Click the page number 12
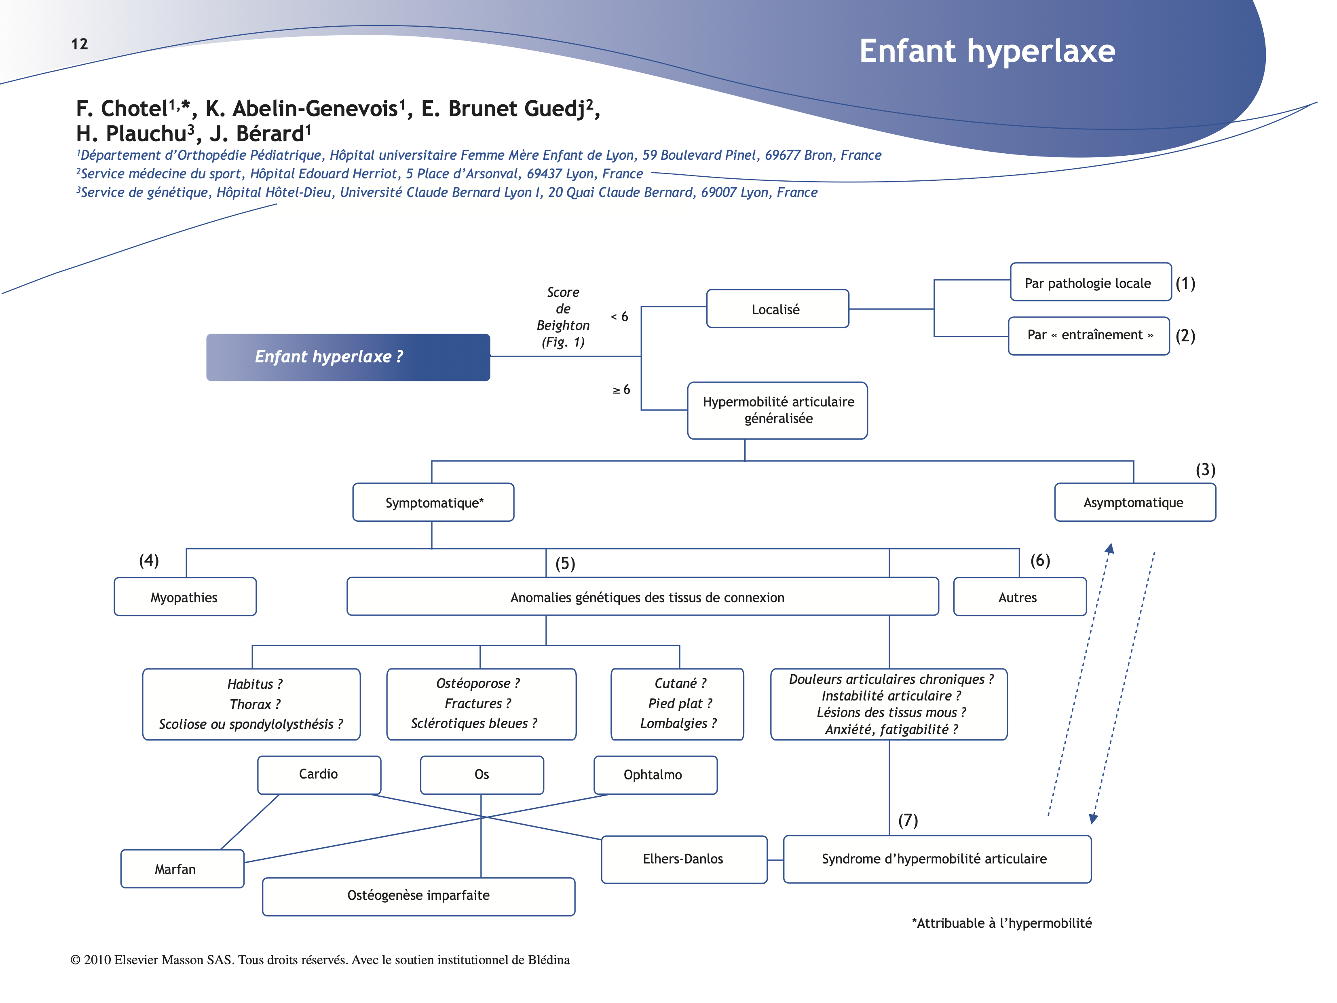(79, 44)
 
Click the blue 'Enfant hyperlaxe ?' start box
(348, 357)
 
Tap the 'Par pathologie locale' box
(1090, 282)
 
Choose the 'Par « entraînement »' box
(1089, 336)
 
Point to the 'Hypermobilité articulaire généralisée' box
(777, 410)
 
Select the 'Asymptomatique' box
(1134, 502)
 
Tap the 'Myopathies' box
(184, 597)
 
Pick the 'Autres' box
(1019, 597)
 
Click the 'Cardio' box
(319, 774)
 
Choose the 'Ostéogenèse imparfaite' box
(418, 896)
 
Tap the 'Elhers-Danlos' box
(684, 859)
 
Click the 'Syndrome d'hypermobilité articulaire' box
(936, 859)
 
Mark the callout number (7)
(908, 821)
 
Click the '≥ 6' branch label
(621, 390)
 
